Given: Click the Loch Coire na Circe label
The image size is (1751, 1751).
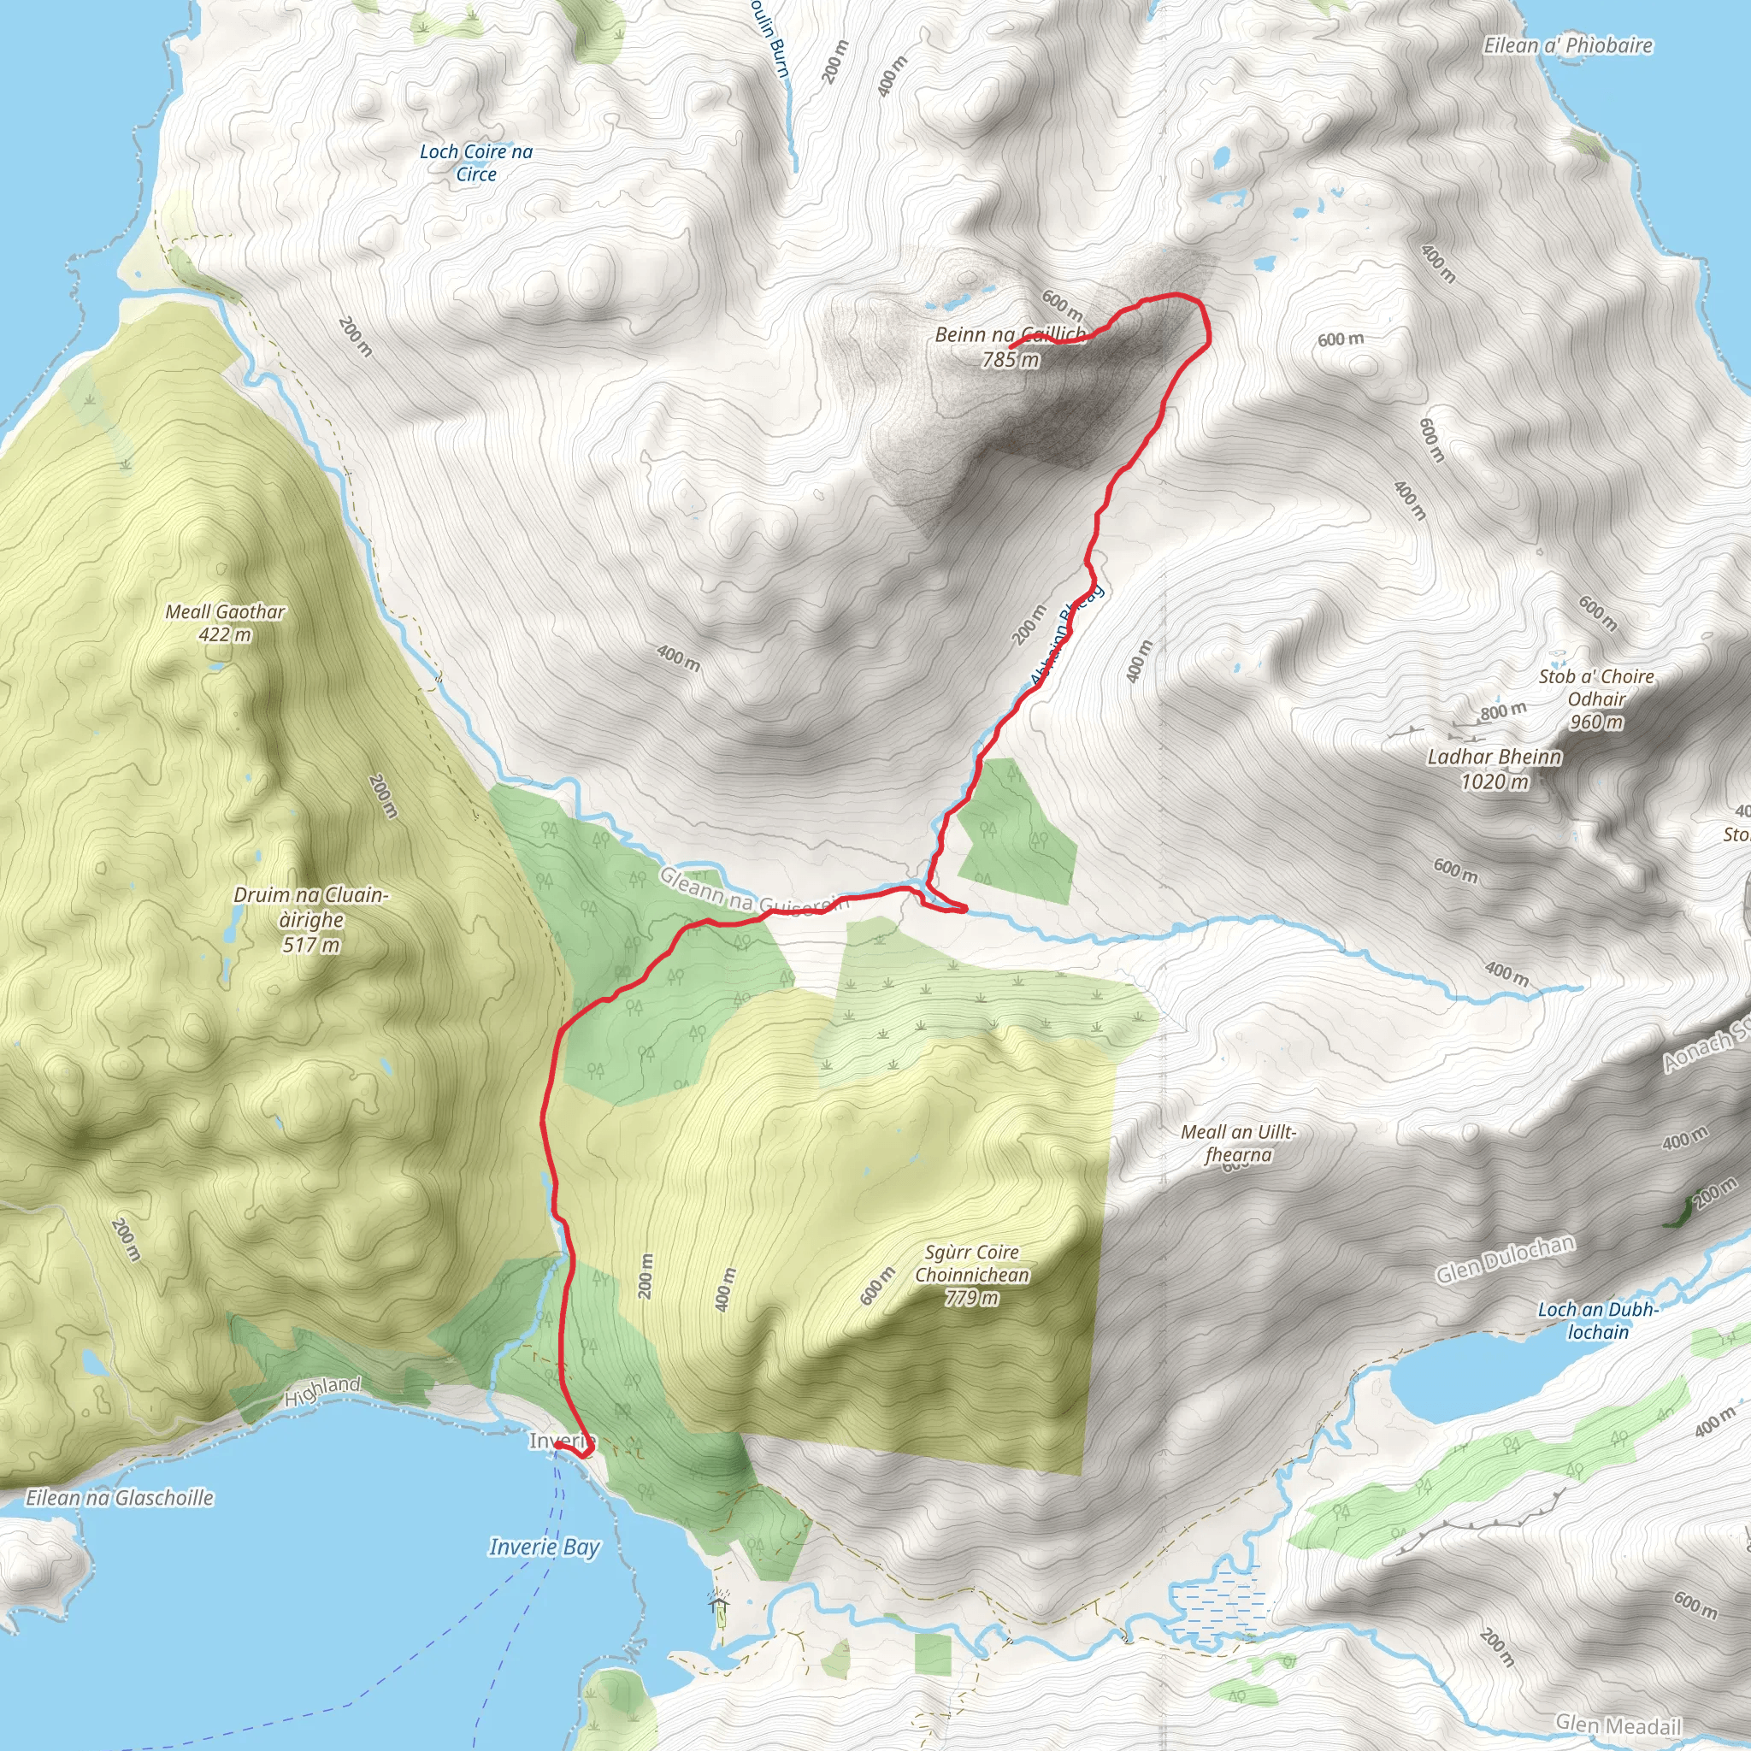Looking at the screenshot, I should click(476, 163).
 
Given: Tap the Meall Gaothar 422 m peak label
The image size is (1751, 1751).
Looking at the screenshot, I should click(225, 623).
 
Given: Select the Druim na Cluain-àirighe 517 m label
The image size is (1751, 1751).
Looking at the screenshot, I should click(311, 920).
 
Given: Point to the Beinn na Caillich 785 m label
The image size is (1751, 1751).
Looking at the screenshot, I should click(1011, 347).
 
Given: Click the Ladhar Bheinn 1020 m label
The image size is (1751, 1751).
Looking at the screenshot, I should click(1495, 769).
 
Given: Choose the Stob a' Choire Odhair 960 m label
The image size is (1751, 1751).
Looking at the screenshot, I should click(1596, 699).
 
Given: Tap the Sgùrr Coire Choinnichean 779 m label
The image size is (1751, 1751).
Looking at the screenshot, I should click(971, 1274).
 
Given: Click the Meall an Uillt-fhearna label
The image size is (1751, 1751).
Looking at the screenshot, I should click(1238, 1144).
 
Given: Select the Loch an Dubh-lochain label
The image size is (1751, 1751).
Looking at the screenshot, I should click(1598, 1320).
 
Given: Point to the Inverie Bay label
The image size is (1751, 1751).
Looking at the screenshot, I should click(544, 1547).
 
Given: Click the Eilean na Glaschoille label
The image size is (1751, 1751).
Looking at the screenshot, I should click(120, 1498).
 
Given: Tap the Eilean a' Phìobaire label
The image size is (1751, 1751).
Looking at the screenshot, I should click(1568, 46).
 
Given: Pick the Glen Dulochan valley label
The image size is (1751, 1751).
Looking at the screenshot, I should click(1505, 1259).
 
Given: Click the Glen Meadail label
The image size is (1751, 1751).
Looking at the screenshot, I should click(1618, 1724).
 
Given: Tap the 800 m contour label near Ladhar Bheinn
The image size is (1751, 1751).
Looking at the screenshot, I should click(1504, 711).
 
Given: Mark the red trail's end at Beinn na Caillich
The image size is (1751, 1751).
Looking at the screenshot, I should click(1011, 347).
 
